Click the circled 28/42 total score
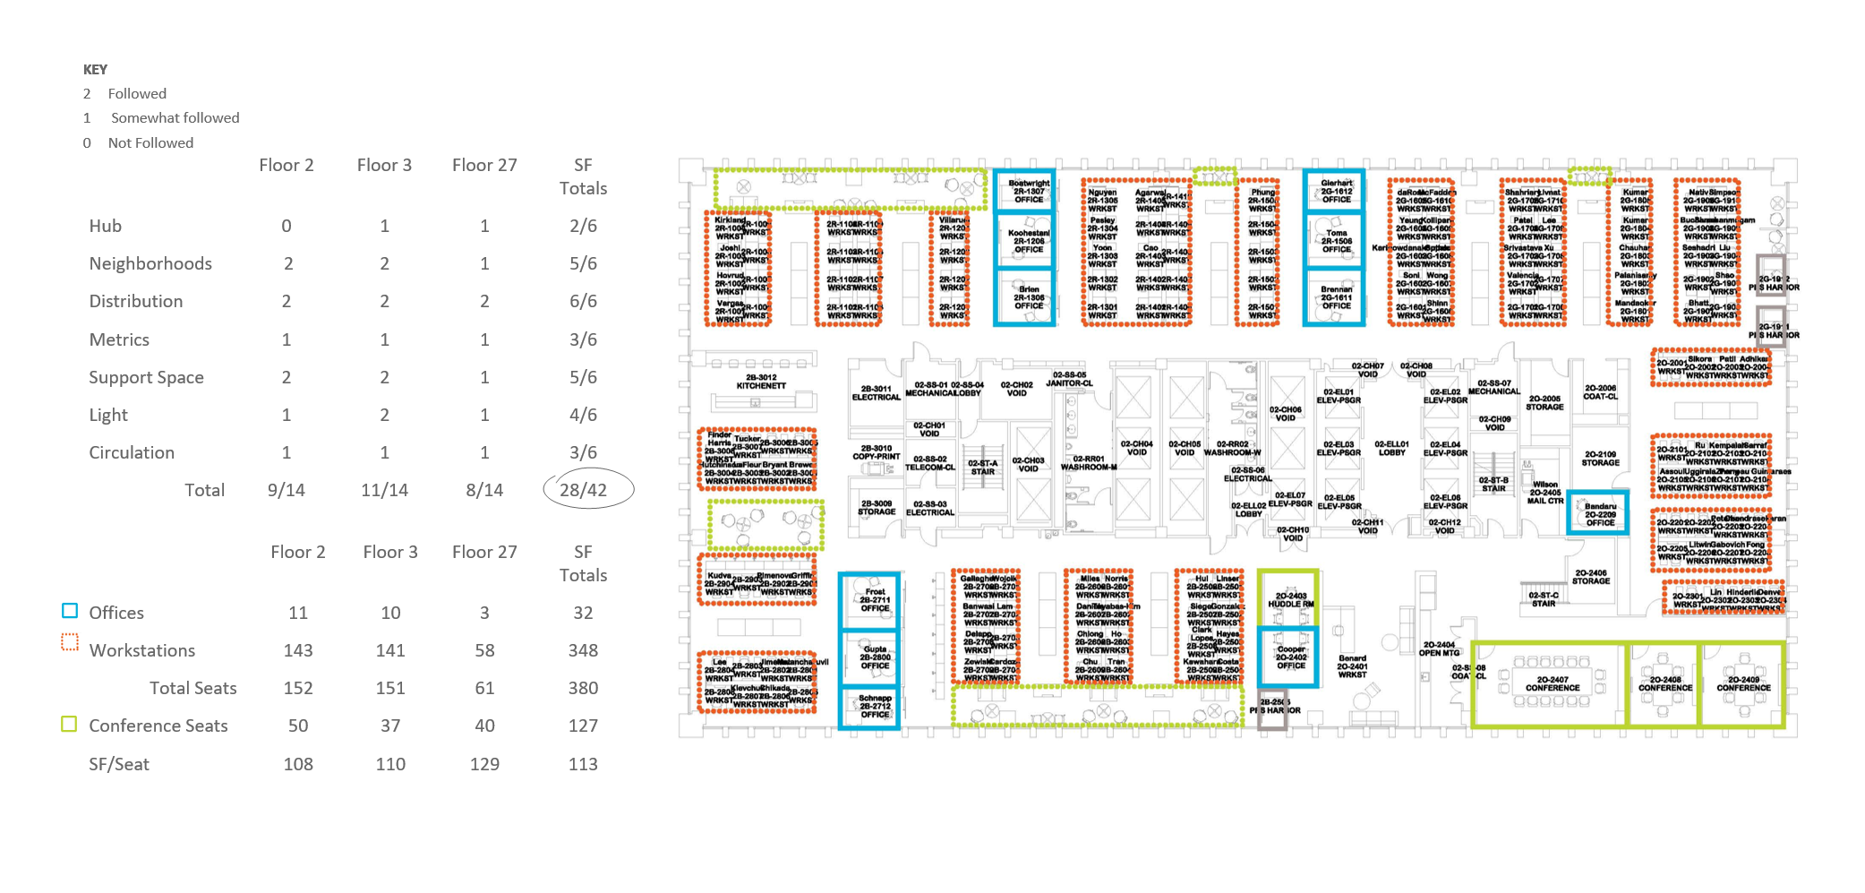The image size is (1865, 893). click(x=583, y=490)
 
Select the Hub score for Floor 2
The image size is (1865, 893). click(x=287, y=226)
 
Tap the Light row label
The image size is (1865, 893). click(x=108, y=415)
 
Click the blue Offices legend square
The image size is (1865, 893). click(x=70, y=611)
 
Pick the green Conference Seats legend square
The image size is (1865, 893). click(x=69, y=724)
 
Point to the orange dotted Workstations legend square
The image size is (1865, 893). click(x=70, y=642)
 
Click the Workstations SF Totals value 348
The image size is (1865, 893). click(x=583, y=650)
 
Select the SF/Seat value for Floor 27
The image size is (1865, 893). click(x=484, y=764)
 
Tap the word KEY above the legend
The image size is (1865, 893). click(x=95, y=70)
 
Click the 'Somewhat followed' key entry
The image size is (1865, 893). click(x=175, y=117)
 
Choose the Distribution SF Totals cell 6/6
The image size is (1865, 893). click(x=583, y=301)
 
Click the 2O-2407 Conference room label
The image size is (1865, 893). click(x=1553, y=683)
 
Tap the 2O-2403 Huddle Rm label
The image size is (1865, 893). click(x=1290, y=599)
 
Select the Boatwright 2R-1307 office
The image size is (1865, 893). click(x=1029, y=191)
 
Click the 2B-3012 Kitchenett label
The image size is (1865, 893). click(x=761, y=382)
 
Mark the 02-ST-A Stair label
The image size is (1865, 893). click(x=982, y=468)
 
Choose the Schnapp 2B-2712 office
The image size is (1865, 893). click(x=875, y=706)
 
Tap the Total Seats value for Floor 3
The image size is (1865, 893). click(x=390, y=688)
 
